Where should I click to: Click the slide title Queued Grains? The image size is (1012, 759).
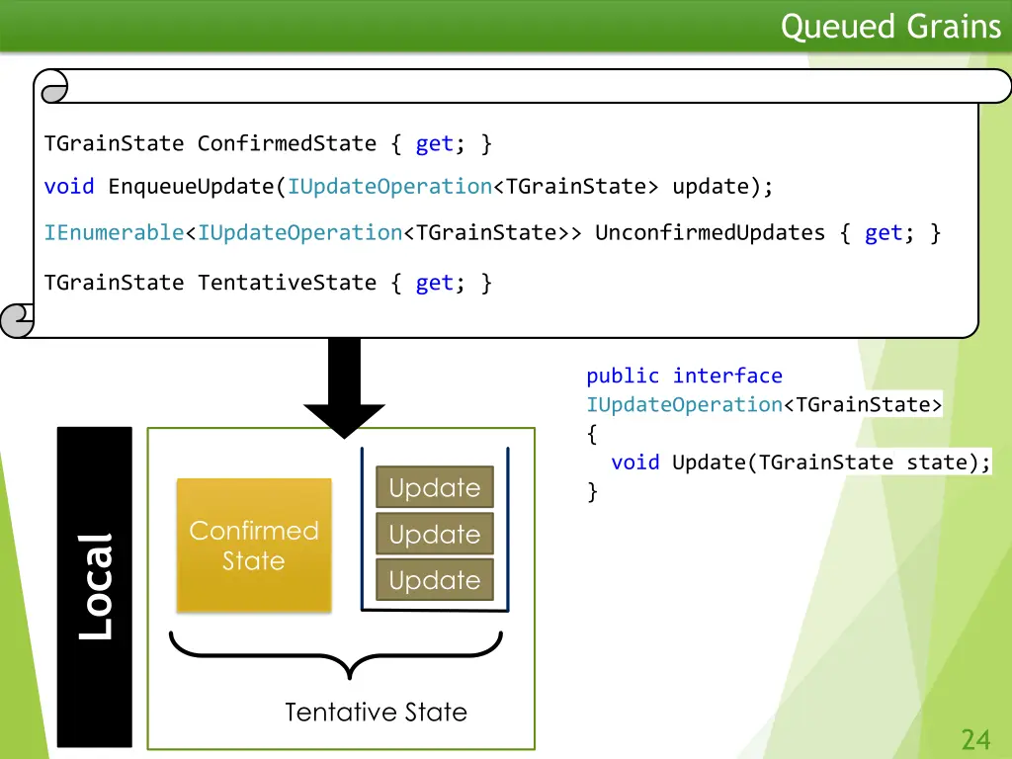point(890,27)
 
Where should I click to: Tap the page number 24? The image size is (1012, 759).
point(975,738)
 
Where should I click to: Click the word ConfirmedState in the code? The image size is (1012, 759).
point(287,143)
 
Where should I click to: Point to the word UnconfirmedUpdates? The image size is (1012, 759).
point(710,233)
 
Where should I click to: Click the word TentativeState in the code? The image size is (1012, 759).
point(287,283)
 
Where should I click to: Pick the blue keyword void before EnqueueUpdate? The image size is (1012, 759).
point(69,187)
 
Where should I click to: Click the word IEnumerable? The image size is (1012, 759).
point(114,233)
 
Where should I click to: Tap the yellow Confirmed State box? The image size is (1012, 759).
point(254,546)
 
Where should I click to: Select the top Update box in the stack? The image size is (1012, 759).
point(434,487)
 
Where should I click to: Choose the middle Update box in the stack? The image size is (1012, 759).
point(434,535)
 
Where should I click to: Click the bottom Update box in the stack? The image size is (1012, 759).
point(434,580)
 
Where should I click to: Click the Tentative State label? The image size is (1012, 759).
point(376,712)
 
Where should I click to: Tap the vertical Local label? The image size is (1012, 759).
point(95,586)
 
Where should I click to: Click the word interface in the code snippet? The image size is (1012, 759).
point(727,376)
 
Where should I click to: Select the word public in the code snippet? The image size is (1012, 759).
point(623,376)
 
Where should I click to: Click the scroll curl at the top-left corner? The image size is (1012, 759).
point(50,86)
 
